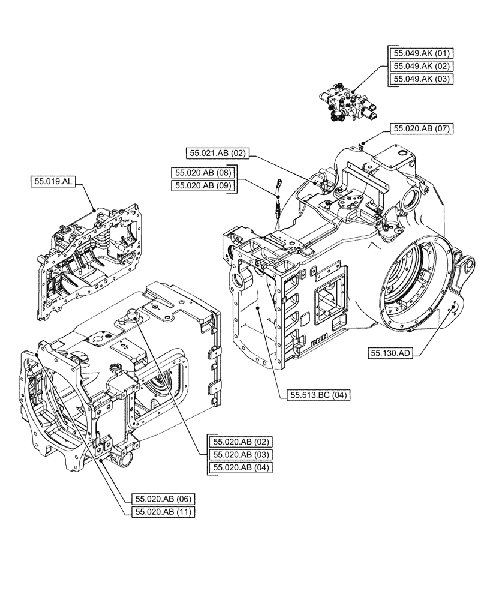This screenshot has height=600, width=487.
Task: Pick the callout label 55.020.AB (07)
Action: coord(422,128)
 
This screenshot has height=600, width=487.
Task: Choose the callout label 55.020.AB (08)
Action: coord(202,172)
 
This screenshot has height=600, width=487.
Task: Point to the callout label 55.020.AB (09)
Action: coord(202,185)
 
